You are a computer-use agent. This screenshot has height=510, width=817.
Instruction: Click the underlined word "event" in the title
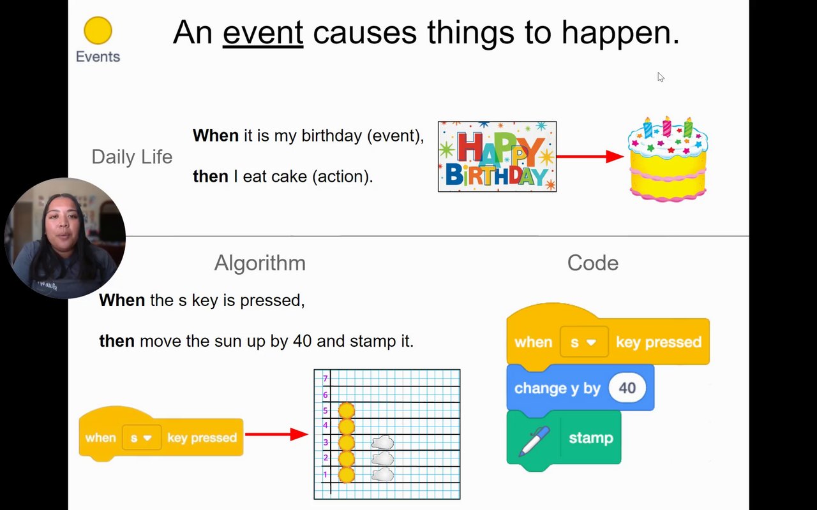coord(263,33)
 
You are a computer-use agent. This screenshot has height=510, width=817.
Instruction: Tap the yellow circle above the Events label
coord(98,31)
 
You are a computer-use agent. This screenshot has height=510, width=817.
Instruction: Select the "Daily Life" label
coord(131,157)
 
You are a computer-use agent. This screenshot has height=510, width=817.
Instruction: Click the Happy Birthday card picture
coord(497,157)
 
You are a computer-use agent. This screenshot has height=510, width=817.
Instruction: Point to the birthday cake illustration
coord(668,159)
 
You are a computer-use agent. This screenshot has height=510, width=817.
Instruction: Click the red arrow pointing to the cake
coord(590,157)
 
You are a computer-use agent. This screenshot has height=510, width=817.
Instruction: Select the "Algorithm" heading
coord(260,263)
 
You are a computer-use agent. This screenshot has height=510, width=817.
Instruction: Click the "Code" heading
coord(593,263)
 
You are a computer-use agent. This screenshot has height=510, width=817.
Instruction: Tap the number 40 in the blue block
coord(627,388)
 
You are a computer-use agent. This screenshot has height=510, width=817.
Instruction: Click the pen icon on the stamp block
coord(534,441)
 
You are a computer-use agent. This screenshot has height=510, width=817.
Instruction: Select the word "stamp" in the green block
coord(591,438)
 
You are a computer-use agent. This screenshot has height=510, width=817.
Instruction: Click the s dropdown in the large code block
coord(584,342)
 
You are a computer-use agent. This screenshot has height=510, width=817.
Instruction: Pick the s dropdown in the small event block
coord(142,437)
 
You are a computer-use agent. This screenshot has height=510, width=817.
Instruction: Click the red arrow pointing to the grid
coord(276,434)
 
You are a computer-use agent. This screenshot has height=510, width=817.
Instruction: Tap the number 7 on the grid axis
coord(326,378)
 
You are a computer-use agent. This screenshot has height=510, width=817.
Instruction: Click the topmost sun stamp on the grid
coord(347,410)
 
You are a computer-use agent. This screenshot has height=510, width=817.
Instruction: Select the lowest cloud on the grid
coord(382,475)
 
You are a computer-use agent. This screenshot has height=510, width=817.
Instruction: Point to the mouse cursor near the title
coord(661,77)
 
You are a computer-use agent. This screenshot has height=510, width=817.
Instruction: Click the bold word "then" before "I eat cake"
coord(211,177)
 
